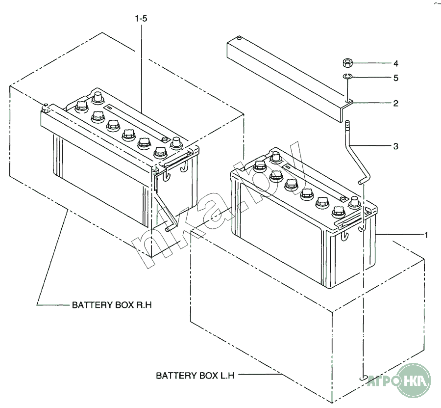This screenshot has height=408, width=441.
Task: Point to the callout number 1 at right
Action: [x=426, y=235]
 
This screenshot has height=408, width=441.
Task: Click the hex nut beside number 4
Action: [x=347, y=63]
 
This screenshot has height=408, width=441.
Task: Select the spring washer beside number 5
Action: [x=347, y=76]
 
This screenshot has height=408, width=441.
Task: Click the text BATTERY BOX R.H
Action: [x=112, y=305]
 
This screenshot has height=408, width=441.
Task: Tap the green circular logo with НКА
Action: [x=414, y=381]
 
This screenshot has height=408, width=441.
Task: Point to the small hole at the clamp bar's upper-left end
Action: [x=238, y=38]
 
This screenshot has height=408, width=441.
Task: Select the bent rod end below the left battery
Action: [x=170, y=228]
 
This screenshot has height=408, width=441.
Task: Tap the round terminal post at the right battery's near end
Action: [x=354, y=201]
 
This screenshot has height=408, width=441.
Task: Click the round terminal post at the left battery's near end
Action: [x=175, y=143]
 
